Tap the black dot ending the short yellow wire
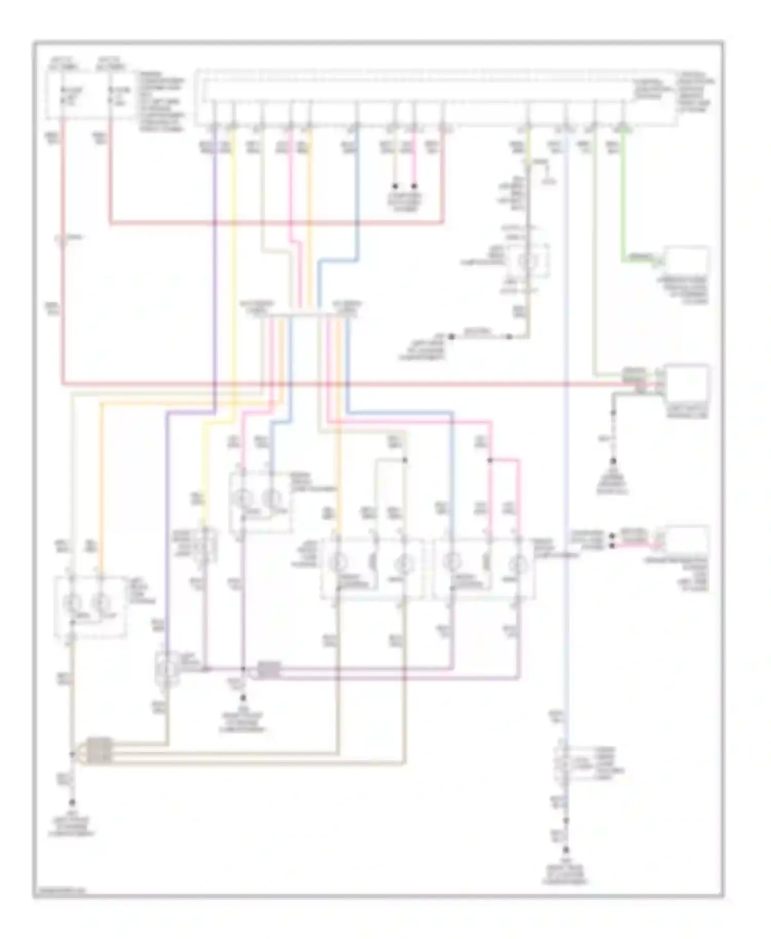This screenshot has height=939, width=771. (x=395, y=186)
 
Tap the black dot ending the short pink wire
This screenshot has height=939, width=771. (x=414, y=186)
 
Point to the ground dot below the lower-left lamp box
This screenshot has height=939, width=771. (x=72, y=802)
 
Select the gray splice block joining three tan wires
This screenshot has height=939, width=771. (x=99, y=751)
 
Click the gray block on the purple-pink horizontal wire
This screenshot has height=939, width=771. (x=269, y=670)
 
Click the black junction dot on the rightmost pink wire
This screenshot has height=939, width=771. (x=490, y=460)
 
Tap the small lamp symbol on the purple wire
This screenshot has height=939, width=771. (x=166, y=668)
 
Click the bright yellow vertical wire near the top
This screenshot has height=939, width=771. (x=233, y=257)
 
